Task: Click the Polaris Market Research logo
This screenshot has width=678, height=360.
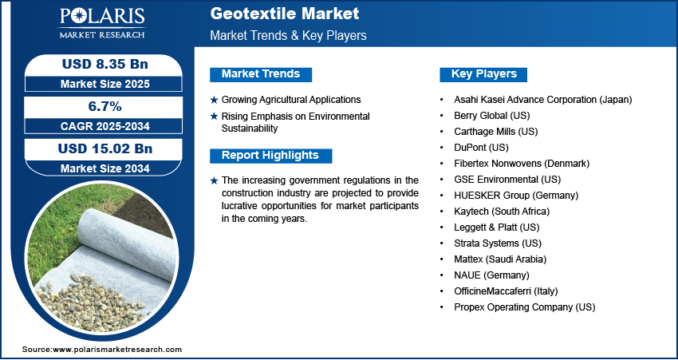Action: [x=102, y=23]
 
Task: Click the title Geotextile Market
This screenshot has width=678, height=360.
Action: [x=285, y=14]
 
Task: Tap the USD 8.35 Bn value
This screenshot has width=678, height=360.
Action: [x=105, y=64]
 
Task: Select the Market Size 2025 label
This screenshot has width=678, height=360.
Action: [x=105, y=84]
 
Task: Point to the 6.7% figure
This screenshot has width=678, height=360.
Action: [x=104, y=106]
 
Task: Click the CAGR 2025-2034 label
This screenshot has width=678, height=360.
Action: [x=104, y=126]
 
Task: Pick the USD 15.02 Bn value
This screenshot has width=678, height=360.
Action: [x=105, y=148]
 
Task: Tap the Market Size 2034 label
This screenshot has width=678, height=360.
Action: [x=105, y=168]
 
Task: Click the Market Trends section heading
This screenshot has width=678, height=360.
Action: [x=261, y=74]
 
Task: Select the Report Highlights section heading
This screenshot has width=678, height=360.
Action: [x=270, y=156]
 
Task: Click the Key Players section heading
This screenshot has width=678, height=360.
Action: [x=484, y=74]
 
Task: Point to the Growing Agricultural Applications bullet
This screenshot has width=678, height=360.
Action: [x=291, y=100]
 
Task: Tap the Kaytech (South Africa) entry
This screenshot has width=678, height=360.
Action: [x=502, y=212]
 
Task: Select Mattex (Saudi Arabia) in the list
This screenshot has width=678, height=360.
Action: [x=500, y=259]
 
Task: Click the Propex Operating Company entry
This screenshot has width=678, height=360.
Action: [x=525, y=307]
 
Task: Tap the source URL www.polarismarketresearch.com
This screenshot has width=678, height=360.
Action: [x=117, y=350]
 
